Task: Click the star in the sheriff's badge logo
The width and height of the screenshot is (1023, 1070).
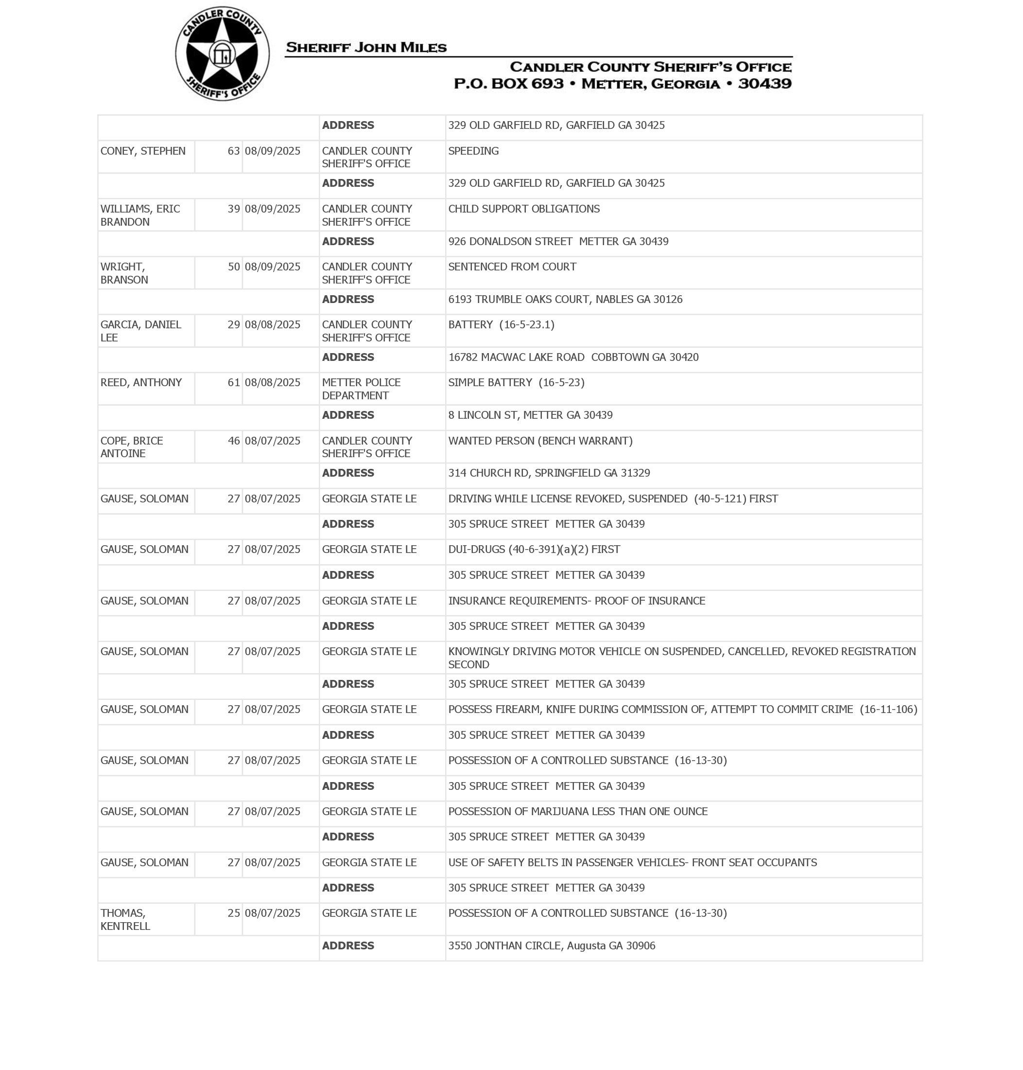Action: point(222,53)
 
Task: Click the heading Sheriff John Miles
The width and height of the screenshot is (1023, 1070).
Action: point(366,48)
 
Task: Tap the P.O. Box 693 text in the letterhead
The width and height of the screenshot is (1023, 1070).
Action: point(508,84)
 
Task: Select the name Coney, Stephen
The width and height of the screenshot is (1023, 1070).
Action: point(143,151)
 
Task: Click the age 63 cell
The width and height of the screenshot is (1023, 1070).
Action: point(233,151)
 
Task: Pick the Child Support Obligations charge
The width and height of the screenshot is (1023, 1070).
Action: point(523,209)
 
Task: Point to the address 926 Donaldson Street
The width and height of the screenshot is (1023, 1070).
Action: point(558,241)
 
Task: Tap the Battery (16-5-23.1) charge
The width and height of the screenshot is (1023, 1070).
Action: point(501,325)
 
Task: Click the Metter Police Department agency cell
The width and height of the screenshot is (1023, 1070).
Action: point(361,389)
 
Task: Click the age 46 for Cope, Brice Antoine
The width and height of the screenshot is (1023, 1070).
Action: point(233,441)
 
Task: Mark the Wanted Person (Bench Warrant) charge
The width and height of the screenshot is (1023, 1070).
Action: point(540,441)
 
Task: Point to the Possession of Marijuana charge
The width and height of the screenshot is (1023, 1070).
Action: point(577,811)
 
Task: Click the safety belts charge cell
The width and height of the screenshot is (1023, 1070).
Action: point(632,863)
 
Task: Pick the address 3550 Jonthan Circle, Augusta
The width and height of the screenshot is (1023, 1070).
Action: point(551,945)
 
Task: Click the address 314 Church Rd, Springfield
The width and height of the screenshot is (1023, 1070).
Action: point(549,473)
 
